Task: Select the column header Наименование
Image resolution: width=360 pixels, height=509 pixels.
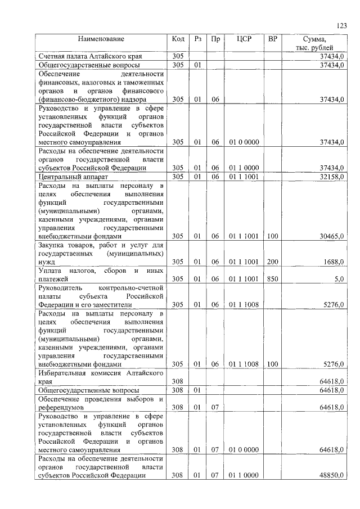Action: click(101, 39)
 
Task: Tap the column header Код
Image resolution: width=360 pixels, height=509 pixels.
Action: click(178, 39)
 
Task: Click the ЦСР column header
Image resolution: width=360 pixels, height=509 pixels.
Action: click(244, 39)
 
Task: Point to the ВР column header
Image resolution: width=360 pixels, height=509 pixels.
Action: click(273, 39)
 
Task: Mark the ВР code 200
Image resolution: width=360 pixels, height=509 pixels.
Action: click(273, 262)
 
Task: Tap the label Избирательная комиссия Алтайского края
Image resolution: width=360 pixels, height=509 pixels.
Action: click(101, 377)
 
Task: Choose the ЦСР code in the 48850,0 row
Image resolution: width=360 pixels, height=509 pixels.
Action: click(244, 475)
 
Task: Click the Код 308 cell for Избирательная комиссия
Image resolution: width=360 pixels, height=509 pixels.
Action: click(178, 381)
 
